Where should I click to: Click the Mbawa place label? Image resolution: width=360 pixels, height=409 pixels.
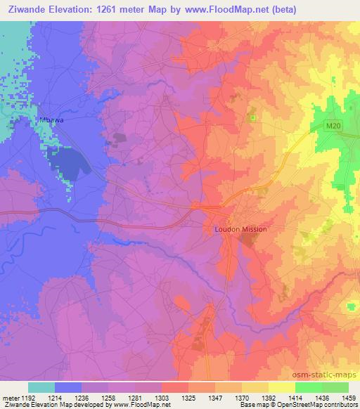pyautogui.click(x=51, y=120)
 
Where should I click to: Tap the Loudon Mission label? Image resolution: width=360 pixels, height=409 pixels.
pyautogui.click(x=240, y=229)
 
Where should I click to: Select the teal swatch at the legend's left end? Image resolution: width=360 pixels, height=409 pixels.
pyautogui.click(x=41, y=387)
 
